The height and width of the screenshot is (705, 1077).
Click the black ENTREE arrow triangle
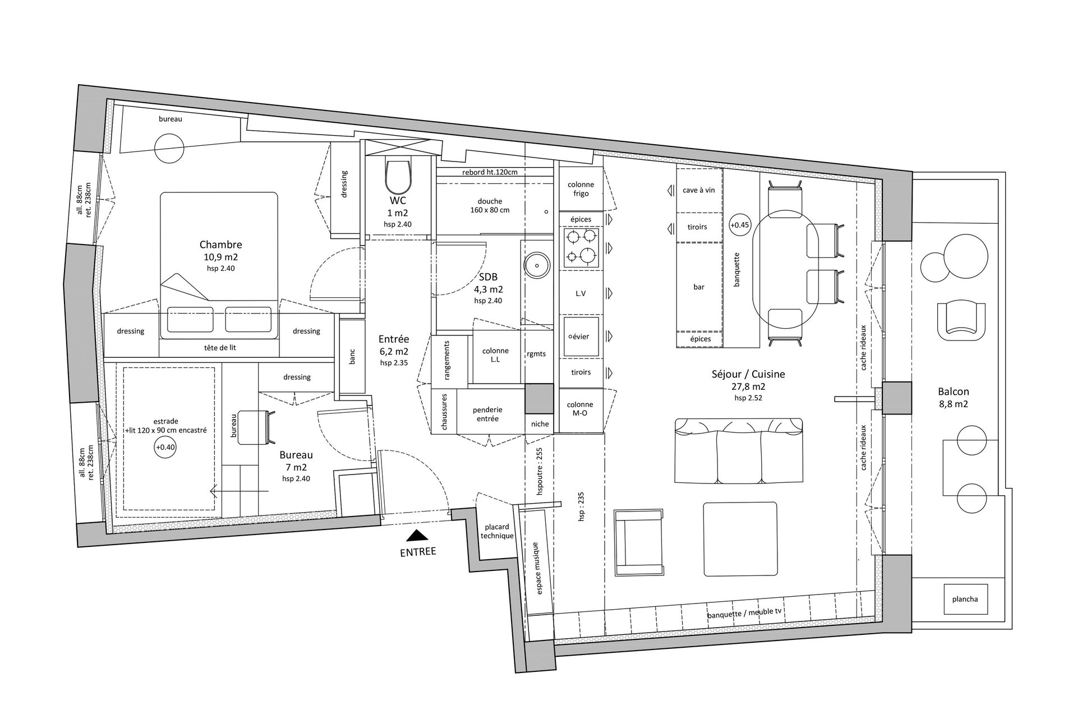tap(418, 537)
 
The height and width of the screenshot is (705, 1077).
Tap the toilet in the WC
tap(399, 175)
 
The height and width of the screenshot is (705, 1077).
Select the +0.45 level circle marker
tap(739, 225)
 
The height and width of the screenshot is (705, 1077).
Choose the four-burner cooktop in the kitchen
tap(581, 247)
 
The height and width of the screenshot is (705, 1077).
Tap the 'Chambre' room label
tap(221, 245)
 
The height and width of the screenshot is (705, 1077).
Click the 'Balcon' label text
tap(953, 391)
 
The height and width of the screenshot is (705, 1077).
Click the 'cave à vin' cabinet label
tap(698, 190)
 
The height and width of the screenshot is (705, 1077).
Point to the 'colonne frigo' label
tap(581, 189)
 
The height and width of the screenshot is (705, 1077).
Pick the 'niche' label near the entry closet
tap(540, 424)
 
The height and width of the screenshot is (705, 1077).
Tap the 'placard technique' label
tap(497, 531)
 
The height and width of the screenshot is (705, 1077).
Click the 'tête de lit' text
tap(220, 347)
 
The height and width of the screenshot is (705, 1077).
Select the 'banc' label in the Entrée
tap(352, 356)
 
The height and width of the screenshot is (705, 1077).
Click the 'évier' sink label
tap(581, 337)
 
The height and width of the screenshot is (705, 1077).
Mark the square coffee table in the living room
tap(740, 539)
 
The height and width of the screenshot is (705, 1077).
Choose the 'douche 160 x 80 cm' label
tap(490, 206)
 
